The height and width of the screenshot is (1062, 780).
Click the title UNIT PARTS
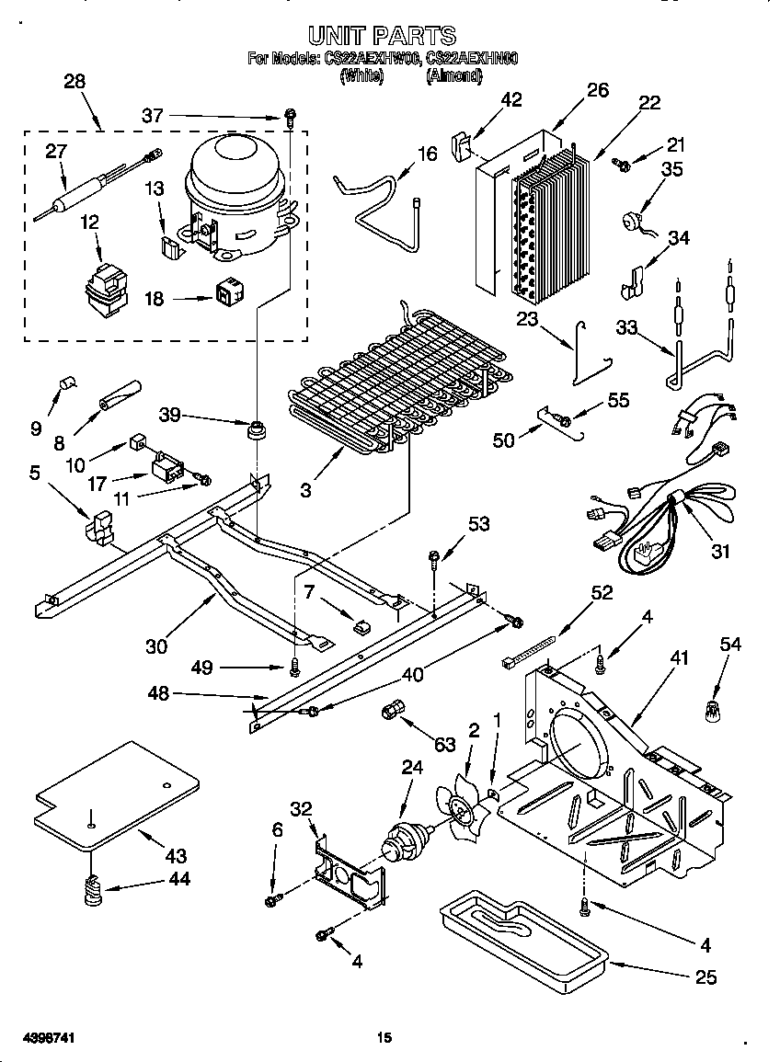tap(382, 36)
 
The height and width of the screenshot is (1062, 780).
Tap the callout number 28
tap(75, 81)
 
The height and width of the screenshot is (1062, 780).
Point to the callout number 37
tap(153, 115)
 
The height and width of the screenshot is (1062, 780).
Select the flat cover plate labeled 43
tap(115, 795)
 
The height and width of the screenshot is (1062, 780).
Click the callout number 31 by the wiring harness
tap(720, 551)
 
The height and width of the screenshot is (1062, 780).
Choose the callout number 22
tap(649, 103)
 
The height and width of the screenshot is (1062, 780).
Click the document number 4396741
tap(39, 1037)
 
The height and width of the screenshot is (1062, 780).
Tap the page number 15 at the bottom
tap(384, 1037)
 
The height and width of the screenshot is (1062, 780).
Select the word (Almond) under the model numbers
tap(454, 77)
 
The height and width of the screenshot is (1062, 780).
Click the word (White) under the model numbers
tap(361, 77)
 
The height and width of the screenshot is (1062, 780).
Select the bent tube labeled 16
tap(377, 207)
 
